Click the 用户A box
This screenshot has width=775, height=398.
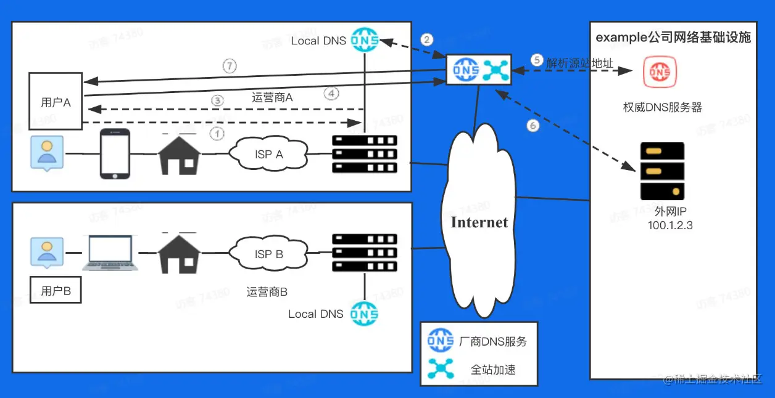[x=56, y=102]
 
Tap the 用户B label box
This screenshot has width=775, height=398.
[x=56, y=291]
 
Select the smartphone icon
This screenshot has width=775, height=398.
[x=115, y=154]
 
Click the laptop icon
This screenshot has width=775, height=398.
[x=111, y=253]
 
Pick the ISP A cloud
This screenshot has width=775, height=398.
[x=269, y=154]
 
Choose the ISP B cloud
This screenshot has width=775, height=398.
[x=269, y=254]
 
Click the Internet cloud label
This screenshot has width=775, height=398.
[x=479, y=222]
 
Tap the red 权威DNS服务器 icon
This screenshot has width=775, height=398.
[x=660, y=72]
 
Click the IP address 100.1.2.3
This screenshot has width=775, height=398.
[x=670, y=225]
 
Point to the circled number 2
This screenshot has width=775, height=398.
[x=427, y=39]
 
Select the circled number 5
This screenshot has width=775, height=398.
[x=536, y=60]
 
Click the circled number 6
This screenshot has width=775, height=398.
[x=533, y=125]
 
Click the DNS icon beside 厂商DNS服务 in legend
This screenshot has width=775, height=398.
[x=441, y=341]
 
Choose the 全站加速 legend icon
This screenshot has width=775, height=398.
[x=441, y=368]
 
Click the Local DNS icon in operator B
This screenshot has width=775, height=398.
[x=364, y=314]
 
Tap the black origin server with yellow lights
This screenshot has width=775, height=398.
[x=662, y=171]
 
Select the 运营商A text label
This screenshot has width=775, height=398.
[x=272, y=97]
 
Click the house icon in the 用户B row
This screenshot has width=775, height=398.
[x=179, y=254]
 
